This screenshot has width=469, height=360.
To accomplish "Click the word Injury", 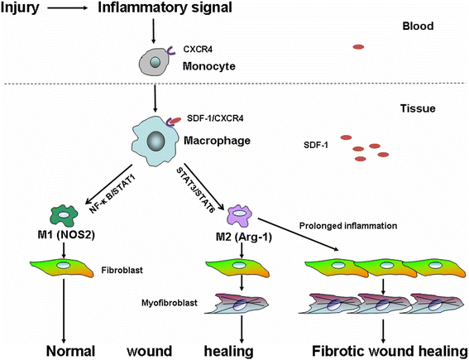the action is click(20, 7).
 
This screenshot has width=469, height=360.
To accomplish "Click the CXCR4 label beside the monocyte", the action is click(198, 49).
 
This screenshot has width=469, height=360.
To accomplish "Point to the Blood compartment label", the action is click(418, 26).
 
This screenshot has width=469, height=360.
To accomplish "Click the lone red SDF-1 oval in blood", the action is click(358, 46).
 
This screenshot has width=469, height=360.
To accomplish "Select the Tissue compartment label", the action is click(418, 108).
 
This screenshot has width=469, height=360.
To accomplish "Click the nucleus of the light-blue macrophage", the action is click(156, 141).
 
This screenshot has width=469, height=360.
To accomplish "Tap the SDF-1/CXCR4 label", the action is click(215, 118).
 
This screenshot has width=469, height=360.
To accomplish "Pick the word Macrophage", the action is click(217, 141).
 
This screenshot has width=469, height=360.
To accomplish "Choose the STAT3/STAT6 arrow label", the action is click(195, 190).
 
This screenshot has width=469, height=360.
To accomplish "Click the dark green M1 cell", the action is click(64, 216).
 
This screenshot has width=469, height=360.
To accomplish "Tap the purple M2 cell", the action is click(239, 216).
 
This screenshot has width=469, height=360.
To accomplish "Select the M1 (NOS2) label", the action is click(64, 236).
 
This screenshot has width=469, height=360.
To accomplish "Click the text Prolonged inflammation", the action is click(348, 226).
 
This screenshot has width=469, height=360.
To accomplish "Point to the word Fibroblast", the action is click(122, 271).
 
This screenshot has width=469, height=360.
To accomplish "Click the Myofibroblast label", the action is click(170, 303).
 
